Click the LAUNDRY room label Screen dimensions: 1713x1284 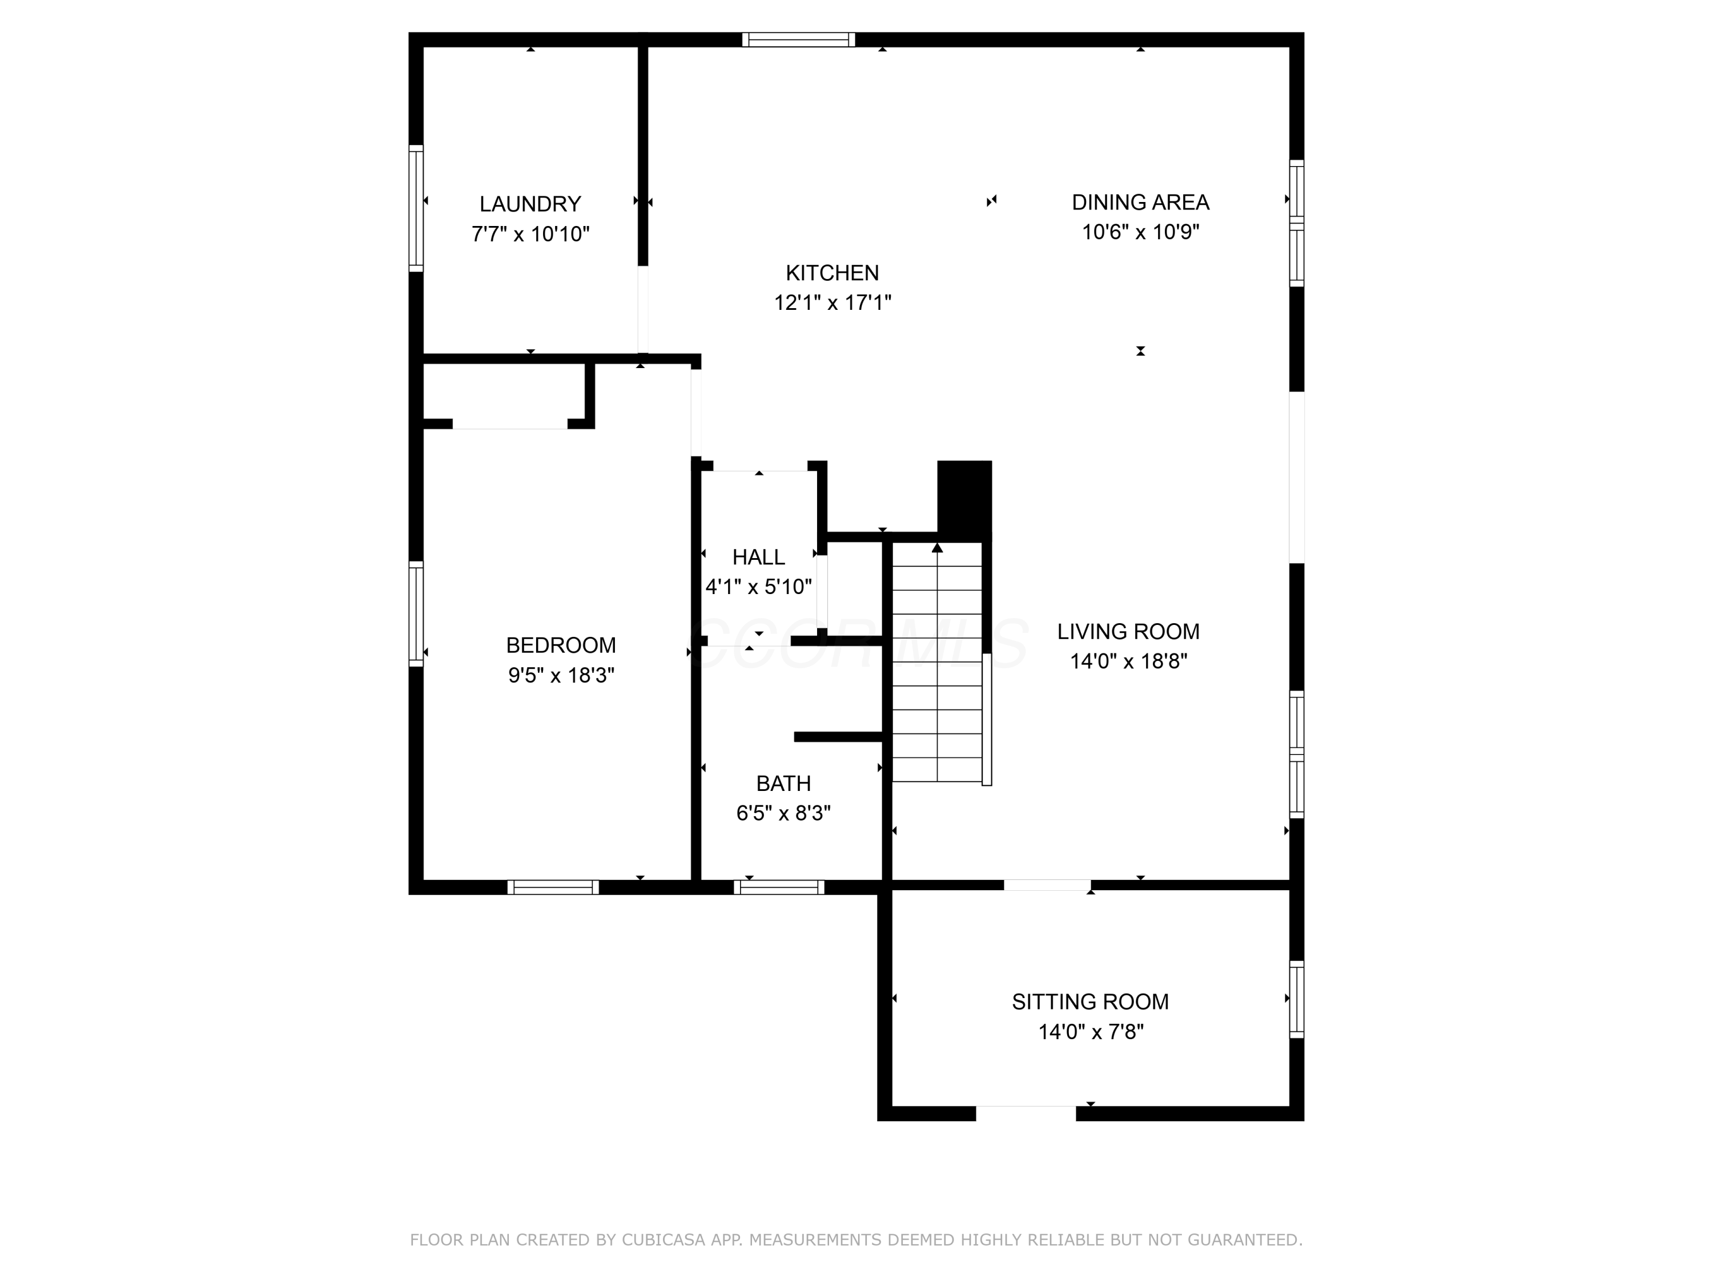pyautogui.click(x=530, y=204)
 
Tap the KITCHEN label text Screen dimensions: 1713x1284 pyautogui.click(x=833, y=273)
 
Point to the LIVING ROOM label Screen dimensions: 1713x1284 pyautogui.click(x=1128, y=632)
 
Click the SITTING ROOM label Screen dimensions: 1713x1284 pyautogui.click(x=1091, y=1002)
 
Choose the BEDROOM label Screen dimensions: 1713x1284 pyautogui.click(x=561, y=645)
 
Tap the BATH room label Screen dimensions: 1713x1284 pyautogui.click(x=784, y=784)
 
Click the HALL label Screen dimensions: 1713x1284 pyautogui.click(x=759, y=557)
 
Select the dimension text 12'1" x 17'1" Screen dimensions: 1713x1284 pyautogui.click(x=833, y=302)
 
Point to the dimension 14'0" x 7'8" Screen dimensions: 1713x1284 pyautogui.click(x=1091, y=1032)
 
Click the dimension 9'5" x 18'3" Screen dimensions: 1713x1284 pyautogui.click(x=561, y=676)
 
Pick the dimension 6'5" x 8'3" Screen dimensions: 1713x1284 pyautogui.click(x=784, y=813)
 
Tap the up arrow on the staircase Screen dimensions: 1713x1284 pyautogui.click(x=937, y=548)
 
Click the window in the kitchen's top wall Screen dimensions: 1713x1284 pyautogui.click(x=798, y=39)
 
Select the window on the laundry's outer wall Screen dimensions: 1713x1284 pyautogui.click(x=416, y=208)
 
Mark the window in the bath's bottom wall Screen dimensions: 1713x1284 pyautogui.click(x=778, y=888)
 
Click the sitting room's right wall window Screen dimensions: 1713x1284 pyautogui.click(x=1296, y=999)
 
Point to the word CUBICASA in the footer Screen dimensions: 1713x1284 pyautogui.click(x=664, y=1241)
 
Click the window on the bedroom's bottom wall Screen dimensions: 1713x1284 pyautogui.click(x=553, y=888)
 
